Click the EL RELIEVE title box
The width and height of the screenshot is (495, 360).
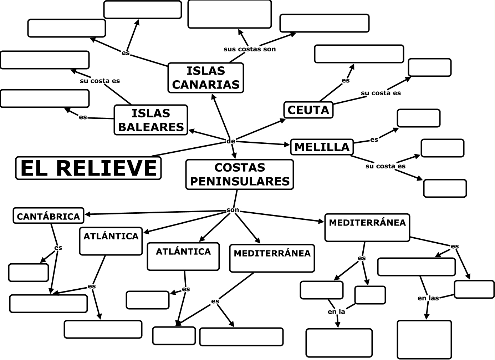[x=88, y=168]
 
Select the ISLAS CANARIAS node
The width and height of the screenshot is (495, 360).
[x=206, y=78]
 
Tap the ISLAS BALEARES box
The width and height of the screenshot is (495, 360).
[x=151, y=120]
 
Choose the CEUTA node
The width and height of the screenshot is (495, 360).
[x=308, y=110]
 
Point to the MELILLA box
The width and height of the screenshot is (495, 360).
[x=322, y=147]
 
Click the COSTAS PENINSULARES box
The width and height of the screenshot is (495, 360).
[x=240, y=174]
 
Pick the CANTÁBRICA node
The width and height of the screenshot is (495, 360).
[x=49, y=216]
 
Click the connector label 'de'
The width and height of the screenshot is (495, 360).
[x=231, y=141]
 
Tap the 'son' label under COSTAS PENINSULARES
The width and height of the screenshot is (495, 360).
[x=233, y=210]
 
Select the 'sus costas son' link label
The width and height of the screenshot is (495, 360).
[x=250, y=49]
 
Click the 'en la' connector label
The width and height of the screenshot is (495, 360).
[x=336, y=311]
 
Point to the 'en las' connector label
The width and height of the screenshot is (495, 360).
[x=428, y=298]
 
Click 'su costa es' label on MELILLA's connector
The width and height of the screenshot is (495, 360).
[x=385, y=166]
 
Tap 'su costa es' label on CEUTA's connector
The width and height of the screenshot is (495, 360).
[x=381, y=93]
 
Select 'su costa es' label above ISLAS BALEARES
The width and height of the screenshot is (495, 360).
[x=100, y=81]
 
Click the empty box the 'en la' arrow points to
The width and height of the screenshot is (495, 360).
[x=339, y=343]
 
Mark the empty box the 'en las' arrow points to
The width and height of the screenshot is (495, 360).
[x=424, y=339]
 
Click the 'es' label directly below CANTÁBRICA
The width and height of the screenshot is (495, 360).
[x=58, y=248]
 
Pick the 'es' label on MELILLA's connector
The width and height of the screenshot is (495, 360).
[x=374, y=140]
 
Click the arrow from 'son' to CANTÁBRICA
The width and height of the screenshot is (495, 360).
[x=153, y=213]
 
